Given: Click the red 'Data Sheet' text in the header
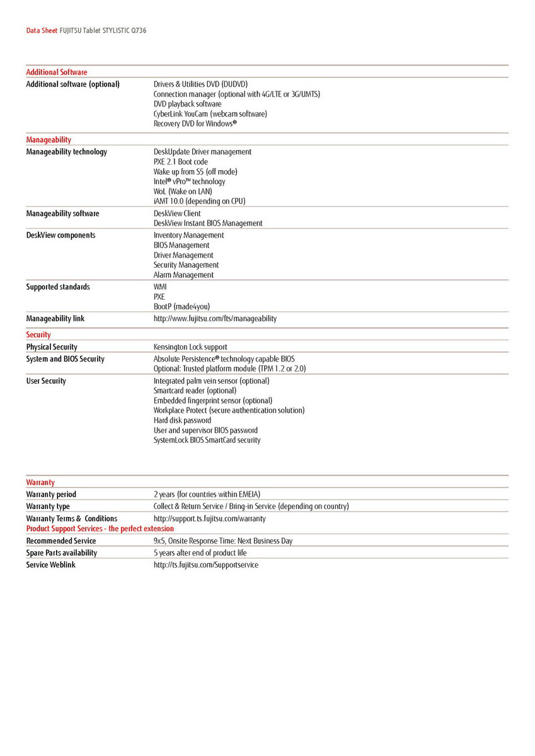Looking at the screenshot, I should [42, 30].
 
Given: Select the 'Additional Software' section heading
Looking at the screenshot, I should [57, 72].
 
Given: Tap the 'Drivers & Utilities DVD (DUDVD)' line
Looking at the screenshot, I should [201, 84].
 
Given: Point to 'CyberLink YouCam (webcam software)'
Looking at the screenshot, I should [210, 114].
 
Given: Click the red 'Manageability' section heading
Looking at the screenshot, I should [49, 140].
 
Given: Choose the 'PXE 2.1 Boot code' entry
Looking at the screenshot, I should [181, 162].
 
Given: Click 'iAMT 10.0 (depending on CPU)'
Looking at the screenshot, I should [200, 202].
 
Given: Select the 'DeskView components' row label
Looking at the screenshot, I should [60, 236].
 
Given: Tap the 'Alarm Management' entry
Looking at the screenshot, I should [183, 275].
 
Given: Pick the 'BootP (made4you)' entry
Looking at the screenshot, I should [182, 307].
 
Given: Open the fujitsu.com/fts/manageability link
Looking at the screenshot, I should [215, 319].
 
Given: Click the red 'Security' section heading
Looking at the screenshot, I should [38, 335].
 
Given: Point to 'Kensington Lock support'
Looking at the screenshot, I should [190, 347].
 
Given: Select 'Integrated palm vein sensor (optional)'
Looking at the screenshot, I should [212, 381].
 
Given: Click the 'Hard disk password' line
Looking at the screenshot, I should [183, 421].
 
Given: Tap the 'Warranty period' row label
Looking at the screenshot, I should [51, 495].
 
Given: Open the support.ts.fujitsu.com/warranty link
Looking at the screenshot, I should [210, 519].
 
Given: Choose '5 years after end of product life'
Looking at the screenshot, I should [200, 553].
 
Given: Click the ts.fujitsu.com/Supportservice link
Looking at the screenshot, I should [206, 565].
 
